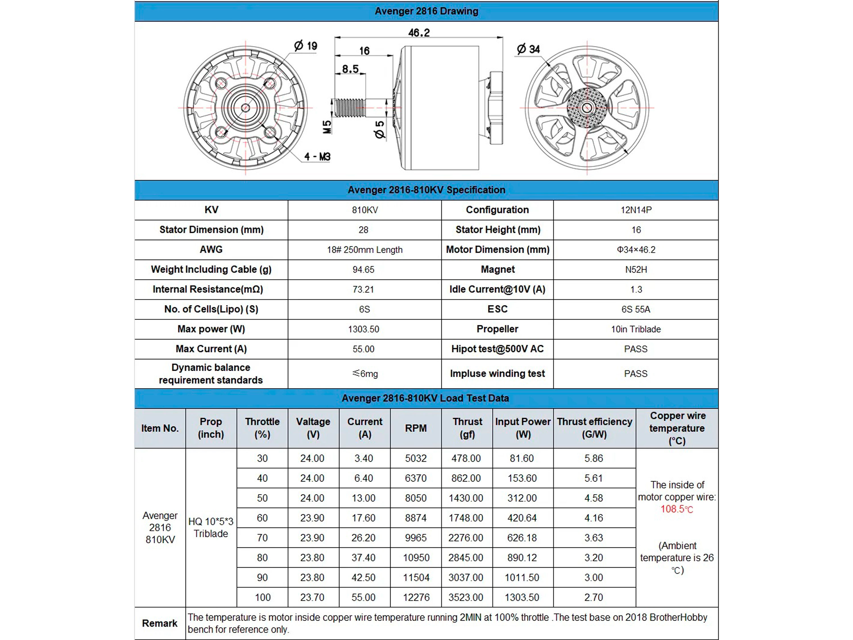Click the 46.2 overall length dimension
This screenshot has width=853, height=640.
coord(419,33)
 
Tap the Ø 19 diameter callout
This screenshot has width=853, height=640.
coord(305,46)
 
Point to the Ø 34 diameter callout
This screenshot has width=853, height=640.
coord(528,49)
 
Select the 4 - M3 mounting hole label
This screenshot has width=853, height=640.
coord(317,157)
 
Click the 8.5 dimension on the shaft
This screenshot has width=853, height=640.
coord(350,69)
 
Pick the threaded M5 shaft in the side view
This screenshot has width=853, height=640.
coord(349,107)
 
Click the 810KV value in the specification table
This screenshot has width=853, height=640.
coord(365,210)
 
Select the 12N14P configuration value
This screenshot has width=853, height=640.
coord(636,210)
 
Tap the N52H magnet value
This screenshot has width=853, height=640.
coord(636,270)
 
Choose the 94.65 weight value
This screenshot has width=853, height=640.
coord(363,270)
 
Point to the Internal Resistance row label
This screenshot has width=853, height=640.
coord(208,289)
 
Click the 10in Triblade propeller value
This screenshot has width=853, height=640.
coord(636,329)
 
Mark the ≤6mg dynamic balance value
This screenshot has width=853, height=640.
coord(365,374)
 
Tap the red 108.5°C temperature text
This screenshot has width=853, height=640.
coord(677,509)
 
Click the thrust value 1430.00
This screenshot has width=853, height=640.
coord(466,498)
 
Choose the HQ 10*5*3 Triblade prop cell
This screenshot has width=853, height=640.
coord(211,527)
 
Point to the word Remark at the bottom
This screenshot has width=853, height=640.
coord(160,624)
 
